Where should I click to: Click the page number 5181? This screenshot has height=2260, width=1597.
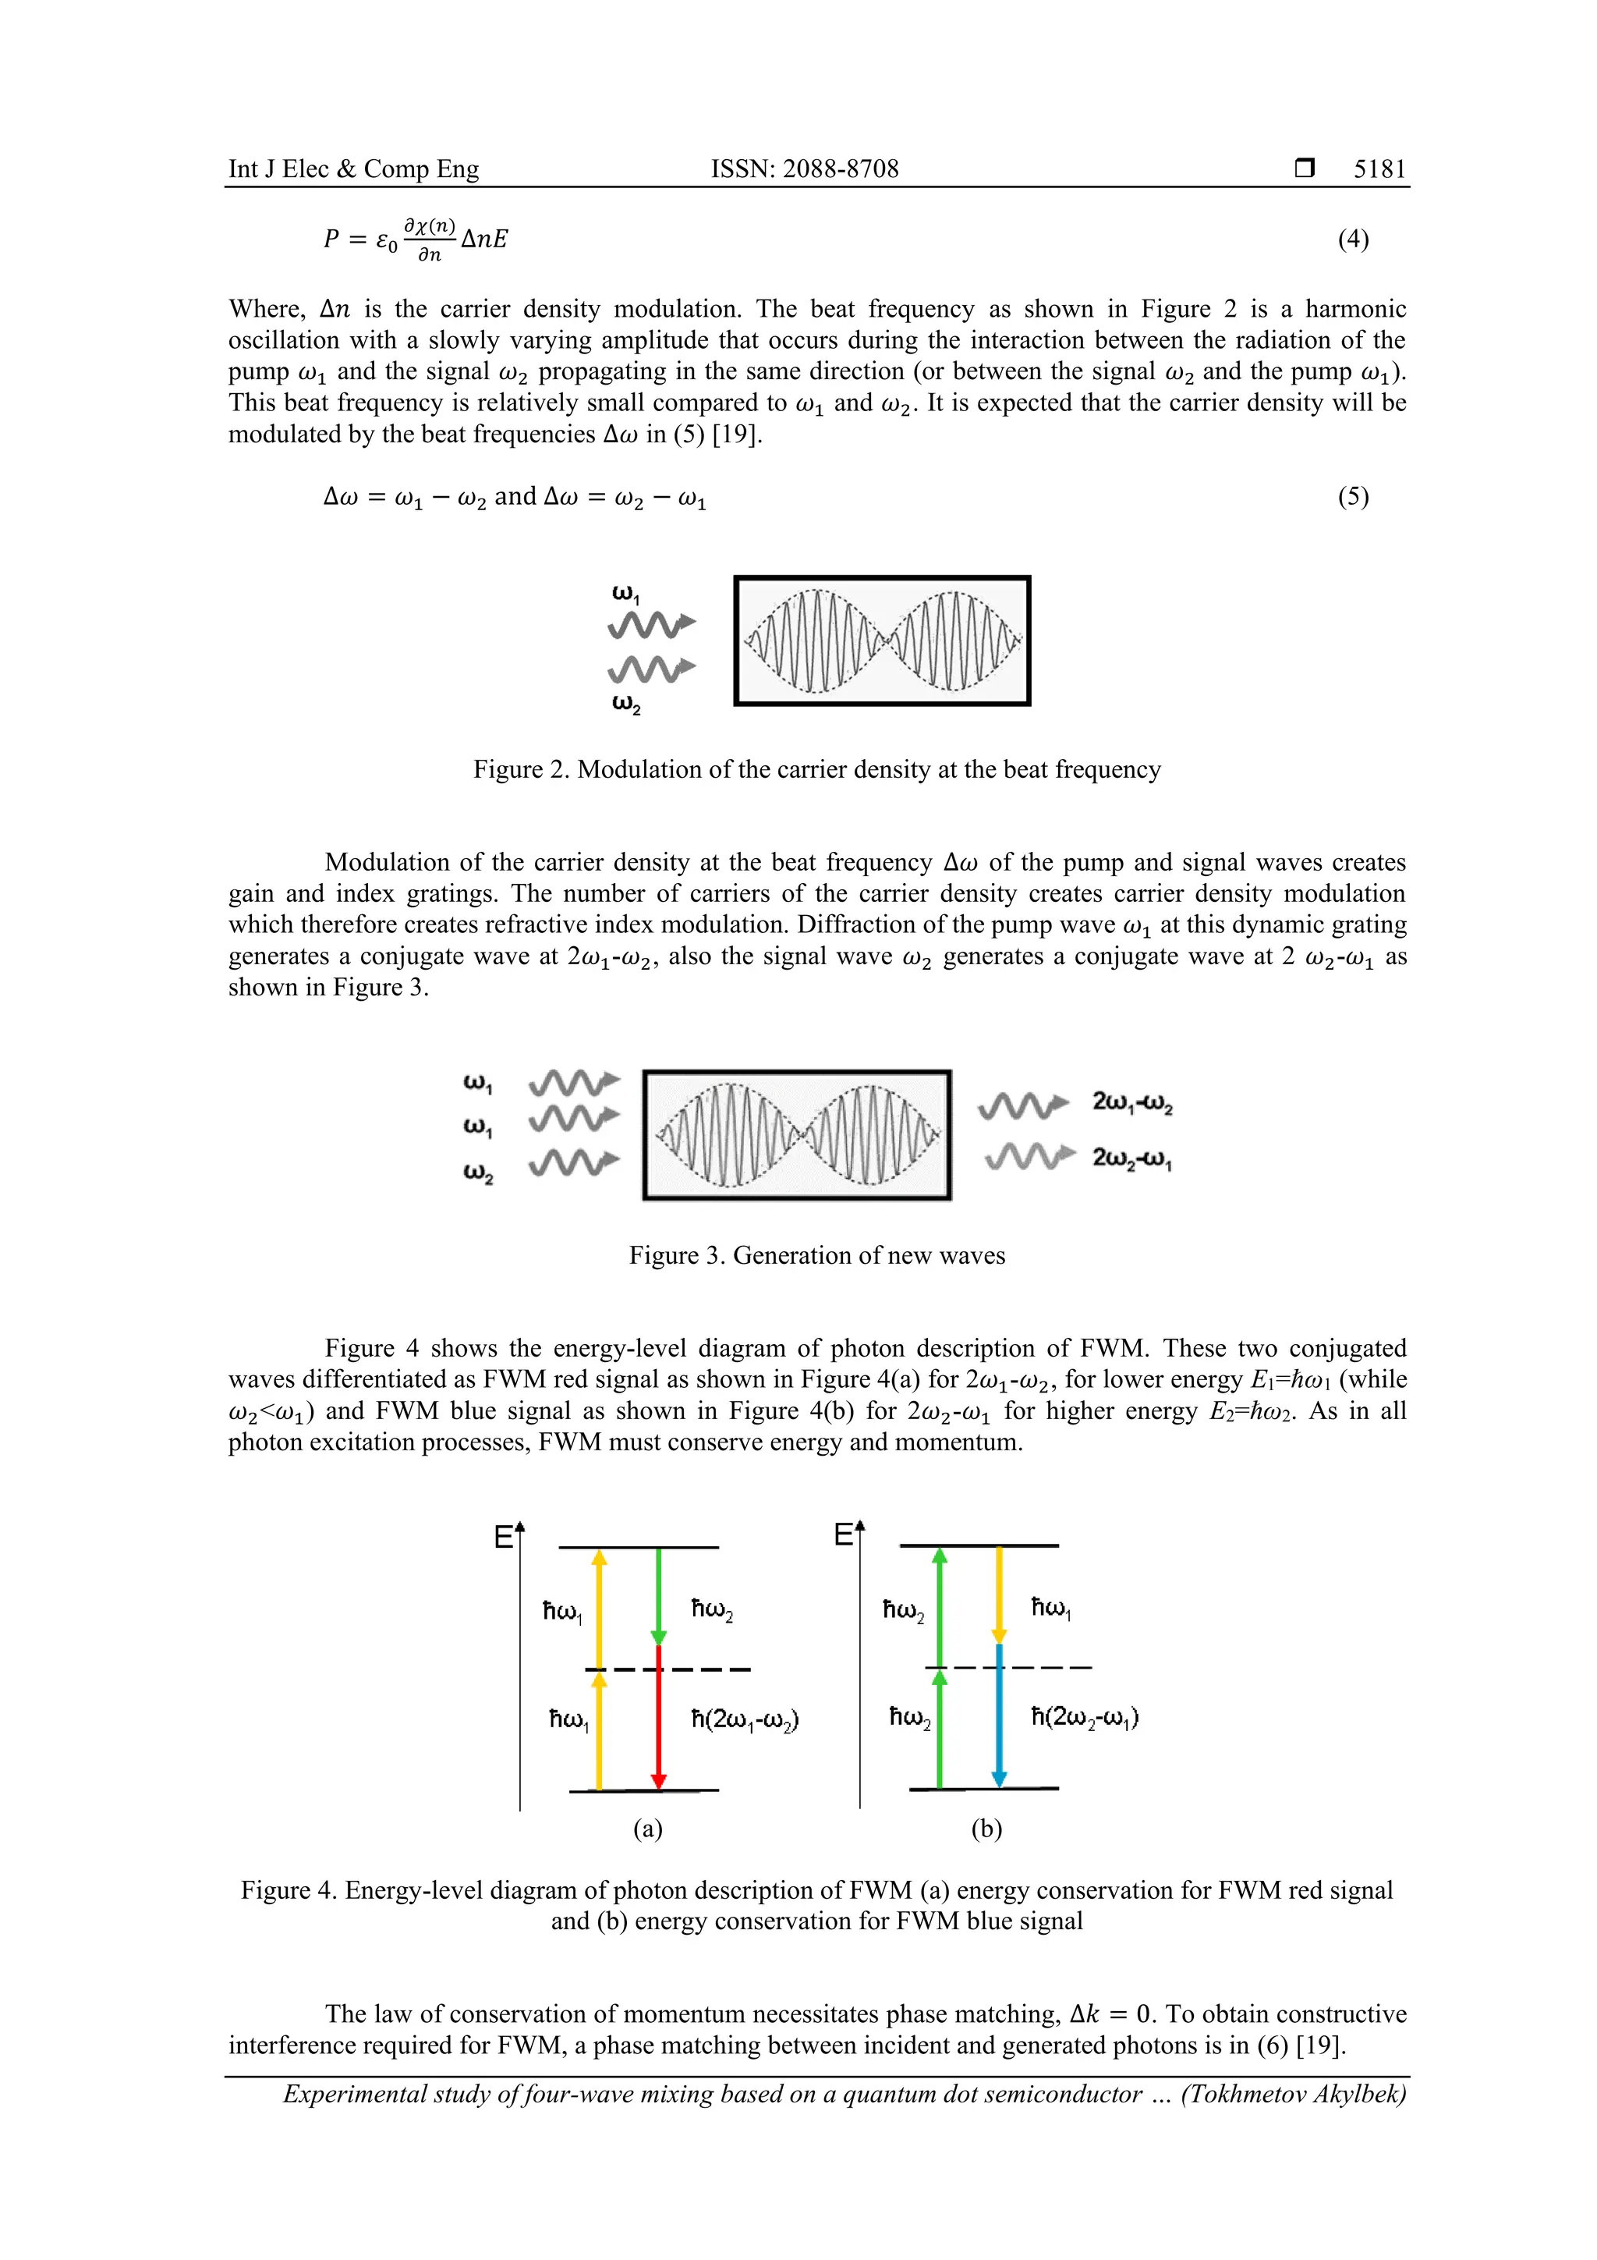click(1379, 169)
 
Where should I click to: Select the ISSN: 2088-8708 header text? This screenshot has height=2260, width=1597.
click(804, 169)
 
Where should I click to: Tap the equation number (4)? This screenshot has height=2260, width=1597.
click(1352, 239)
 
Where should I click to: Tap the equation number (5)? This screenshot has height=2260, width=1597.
click(1352, 496)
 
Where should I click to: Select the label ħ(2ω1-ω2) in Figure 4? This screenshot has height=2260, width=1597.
click(744, 1719)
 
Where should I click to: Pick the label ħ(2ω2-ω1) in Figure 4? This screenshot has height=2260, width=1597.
click(1085, 1718)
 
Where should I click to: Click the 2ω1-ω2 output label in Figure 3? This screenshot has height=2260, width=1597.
click(1131, 1102)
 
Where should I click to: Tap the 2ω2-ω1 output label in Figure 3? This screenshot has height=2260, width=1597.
click(1131, 1158)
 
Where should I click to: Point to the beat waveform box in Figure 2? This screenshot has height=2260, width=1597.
click(882, 640)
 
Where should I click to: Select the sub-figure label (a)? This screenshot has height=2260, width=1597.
click(646, 1829)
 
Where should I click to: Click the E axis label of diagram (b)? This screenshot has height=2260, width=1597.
click(843, 1534)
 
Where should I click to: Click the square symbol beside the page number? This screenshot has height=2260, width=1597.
click(1305, 169)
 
